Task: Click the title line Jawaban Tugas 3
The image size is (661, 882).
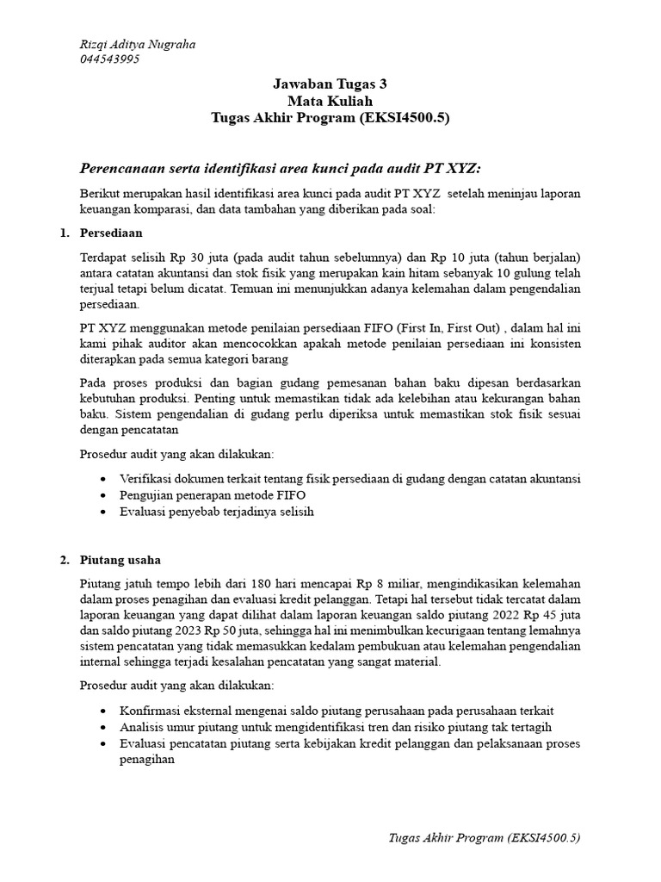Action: click(330, 84)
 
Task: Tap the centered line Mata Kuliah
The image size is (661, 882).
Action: click(330, 101)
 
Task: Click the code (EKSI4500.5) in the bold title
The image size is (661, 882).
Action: click(406, 117)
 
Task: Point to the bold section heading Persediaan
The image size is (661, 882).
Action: click(111, 233)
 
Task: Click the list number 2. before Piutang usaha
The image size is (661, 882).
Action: click(65, 561)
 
